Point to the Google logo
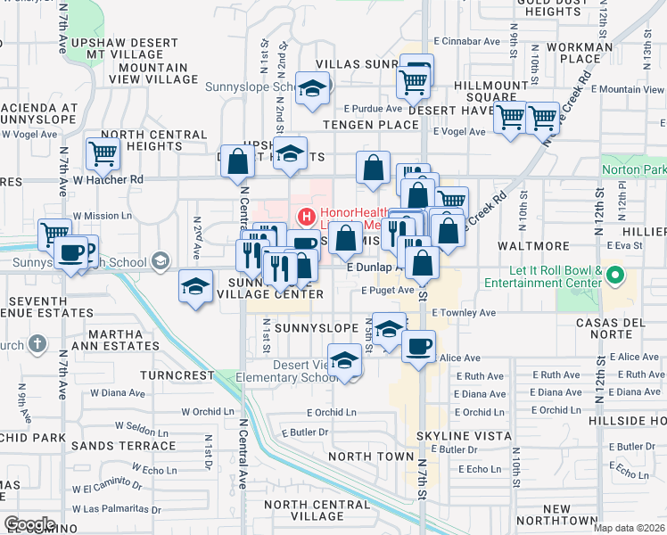point(29,524)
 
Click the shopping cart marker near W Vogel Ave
point(103,153)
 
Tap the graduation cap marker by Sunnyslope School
point(313,89)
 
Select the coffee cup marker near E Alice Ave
point(417,346)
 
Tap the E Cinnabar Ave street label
point(466,41)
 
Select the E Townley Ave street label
point(463,313)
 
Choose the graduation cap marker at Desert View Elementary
point(344,361)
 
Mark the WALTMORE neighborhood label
point(535,245)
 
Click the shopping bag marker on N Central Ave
point(238,161)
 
